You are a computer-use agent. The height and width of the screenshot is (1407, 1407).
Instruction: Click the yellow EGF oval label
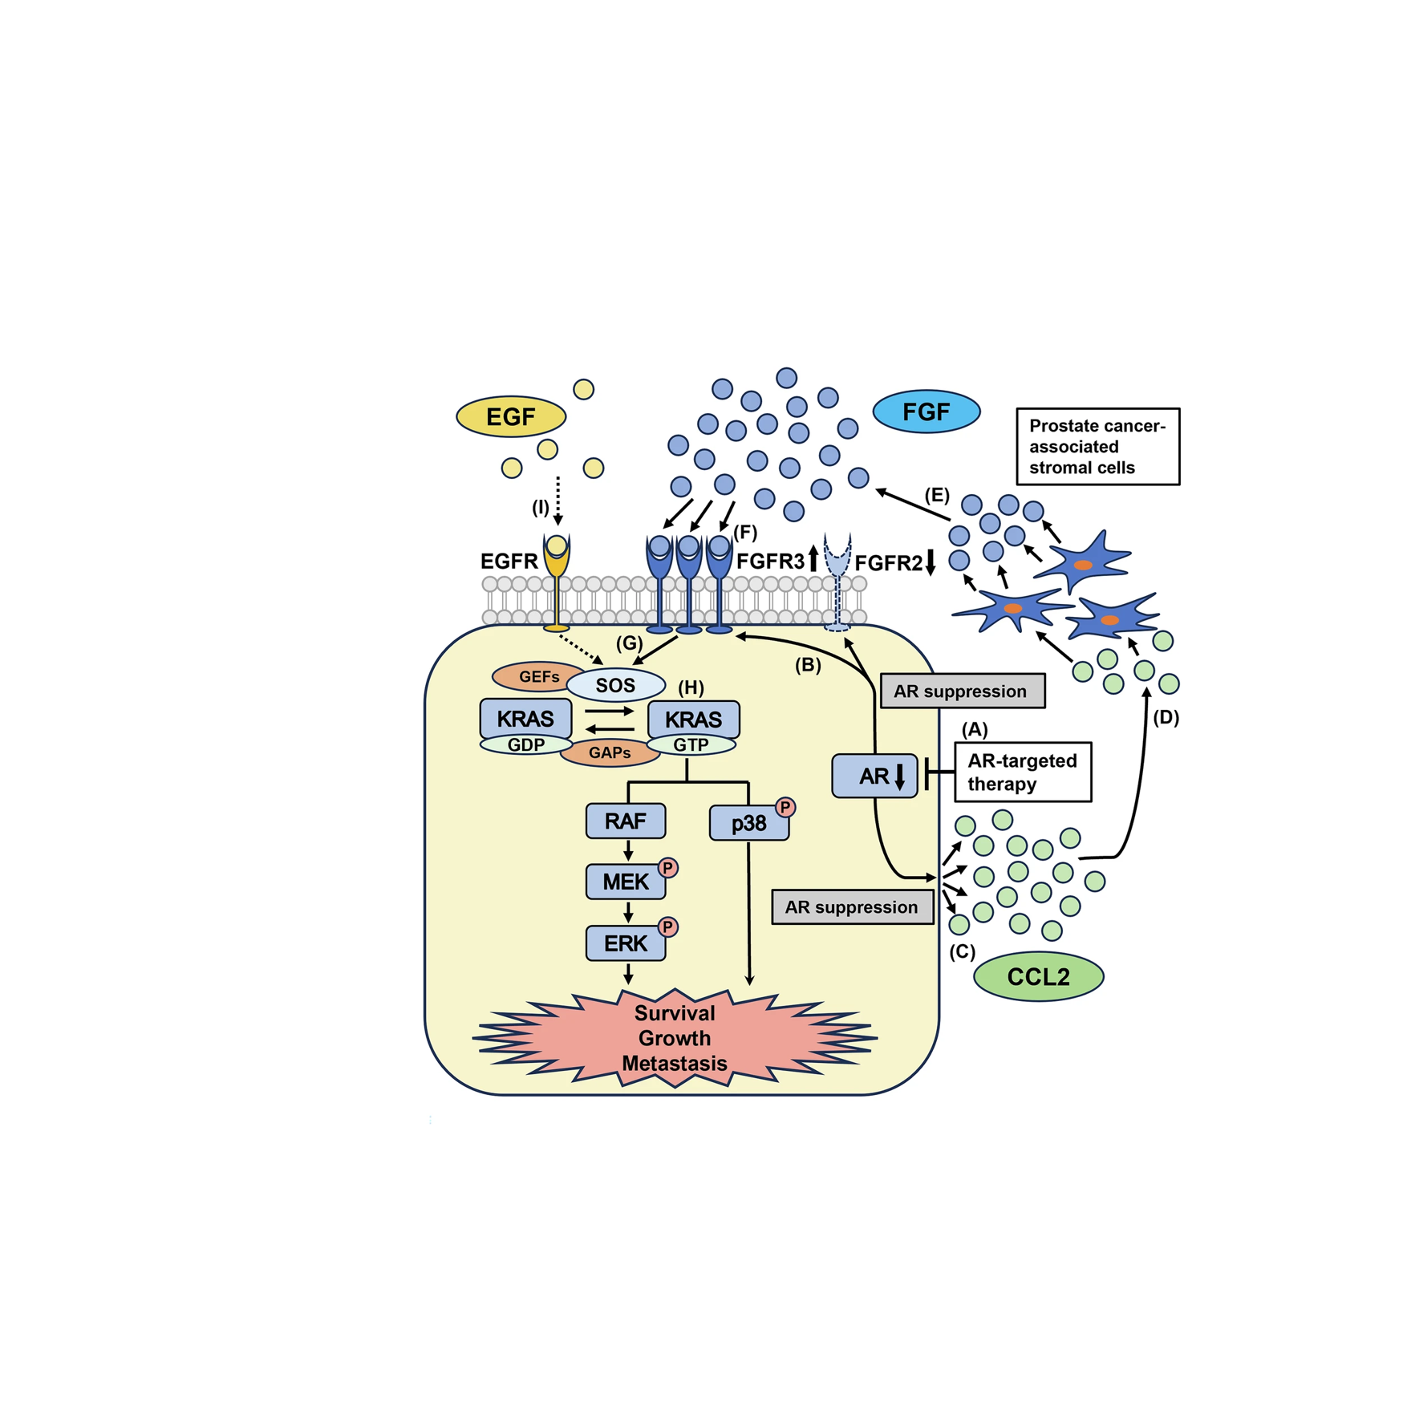(511, 416)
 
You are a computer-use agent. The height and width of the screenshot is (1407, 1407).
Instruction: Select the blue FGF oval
(926, 412)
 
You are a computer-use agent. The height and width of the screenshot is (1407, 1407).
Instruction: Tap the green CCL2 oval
(1038, 976)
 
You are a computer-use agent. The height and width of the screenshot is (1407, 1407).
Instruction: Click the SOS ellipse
(615, 685)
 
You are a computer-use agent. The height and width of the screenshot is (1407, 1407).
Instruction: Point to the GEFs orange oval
(537, 677)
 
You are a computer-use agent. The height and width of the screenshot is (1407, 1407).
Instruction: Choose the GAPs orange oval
(610, 752)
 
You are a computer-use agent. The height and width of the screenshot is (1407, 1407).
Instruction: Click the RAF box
(626, 821)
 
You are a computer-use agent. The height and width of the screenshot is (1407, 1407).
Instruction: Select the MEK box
(626, 882)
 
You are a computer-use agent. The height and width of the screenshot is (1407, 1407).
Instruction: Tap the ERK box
(626, 943)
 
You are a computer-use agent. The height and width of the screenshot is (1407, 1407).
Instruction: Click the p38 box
(748, 823)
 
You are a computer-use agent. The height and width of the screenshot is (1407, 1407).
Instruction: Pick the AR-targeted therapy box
(1023, 772)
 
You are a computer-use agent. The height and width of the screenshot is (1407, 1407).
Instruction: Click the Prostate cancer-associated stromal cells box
(1098, 446)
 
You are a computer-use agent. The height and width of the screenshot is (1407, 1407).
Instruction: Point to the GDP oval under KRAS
(525, 745)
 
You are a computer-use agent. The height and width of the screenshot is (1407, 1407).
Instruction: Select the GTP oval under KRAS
(691, 745)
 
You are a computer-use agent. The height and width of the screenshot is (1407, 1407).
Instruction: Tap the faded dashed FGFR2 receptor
(837, 582)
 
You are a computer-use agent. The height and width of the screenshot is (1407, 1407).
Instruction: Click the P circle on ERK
(667, 927)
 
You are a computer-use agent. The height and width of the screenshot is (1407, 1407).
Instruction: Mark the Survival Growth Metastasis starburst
(675, 1038)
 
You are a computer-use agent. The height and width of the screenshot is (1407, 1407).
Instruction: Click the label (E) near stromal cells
(936, 495)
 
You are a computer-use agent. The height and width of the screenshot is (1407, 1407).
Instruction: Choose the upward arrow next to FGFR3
(813, 558)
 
